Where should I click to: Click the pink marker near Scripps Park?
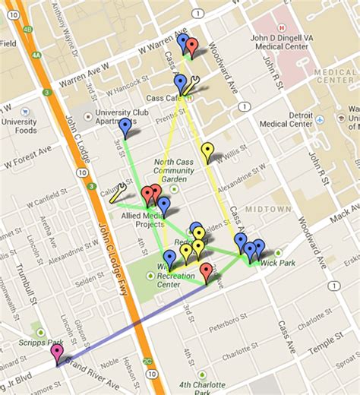tap(57, 351)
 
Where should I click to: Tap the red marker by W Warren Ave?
tap(192, 47)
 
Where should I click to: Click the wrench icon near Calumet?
tap(118, 194)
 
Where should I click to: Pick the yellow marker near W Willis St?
tap(207, 151)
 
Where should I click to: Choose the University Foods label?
tap(18, 125)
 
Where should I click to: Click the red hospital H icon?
tap(280, 26)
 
